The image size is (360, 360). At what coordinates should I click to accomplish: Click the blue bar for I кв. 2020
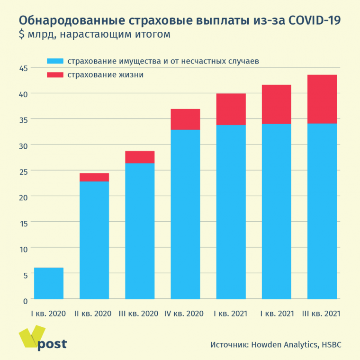[x=48, y=283]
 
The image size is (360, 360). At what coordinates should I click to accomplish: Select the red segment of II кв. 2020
[x=94, y=177]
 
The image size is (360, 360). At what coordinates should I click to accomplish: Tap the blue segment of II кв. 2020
[x=94, y=240]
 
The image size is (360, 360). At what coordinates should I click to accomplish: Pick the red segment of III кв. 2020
[x=140, y=157]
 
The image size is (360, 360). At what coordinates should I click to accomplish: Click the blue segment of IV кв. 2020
[x=185, y=214]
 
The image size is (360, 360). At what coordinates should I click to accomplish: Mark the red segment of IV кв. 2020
[x=185, y=119]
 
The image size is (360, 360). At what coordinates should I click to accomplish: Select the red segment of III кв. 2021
[x=322, y=99]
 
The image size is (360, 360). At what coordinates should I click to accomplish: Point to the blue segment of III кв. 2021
[x=322, y=211]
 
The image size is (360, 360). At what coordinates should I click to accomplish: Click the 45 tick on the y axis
[x=23, y=68]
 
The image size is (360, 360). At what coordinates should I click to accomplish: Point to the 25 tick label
[x=23, y=171]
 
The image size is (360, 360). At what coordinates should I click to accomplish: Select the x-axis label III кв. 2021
[x=322, y=314]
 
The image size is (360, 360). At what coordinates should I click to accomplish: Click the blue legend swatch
[x=55, y=62]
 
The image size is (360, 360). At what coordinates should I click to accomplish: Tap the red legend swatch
[x=55, y=75]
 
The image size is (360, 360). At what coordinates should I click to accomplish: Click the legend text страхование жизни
[x=105, y=75]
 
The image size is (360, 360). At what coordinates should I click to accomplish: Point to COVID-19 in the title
[x=315, y=21]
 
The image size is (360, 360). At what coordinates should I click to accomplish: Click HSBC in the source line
[x=331, y=345]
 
